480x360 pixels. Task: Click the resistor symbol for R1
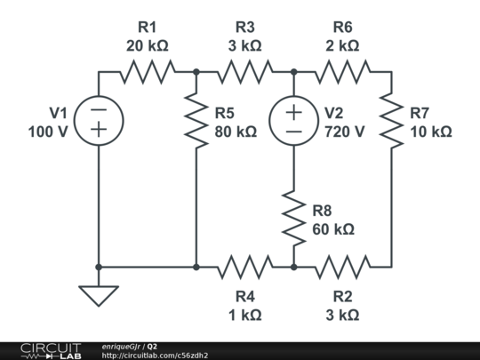tap(147, 72)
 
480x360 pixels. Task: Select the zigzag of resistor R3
tap(244, 72)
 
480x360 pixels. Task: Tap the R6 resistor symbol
tap(342, 72)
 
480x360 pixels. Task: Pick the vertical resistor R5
tap(196, 120)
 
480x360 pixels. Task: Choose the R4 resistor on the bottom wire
tap(244, 266)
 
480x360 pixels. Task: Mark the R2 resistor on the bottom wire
tap(342, 266)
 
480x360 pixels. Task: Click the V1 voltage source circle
tap(98, 120)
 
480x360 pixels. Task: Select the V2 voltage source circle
tap(293, 120)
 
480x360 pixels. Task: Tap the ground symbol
tap(98, 293)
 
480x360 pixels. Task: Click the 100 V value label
tap(48, 132)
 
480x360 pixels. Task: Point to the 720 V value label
tap(344, 132)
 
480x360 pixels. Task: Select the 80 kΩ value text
tap(236, 132)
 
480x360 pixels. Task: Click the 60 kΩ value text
tap(333, 229)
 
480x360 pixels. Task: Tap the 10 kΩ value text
tap(431, 132)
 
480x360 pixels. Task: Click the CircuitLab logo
tap(51, 350)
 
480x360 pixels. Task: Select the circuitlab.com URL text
tap(155, 355)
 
